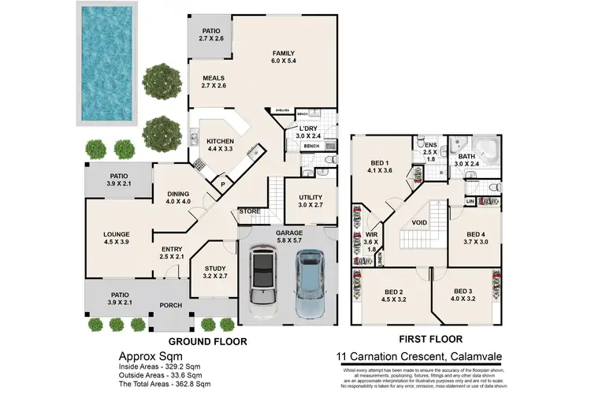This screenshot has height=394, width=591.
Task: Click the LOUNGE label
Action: point(116,234)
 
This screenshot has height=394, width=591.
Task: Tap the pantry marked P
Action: point(223,185)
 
